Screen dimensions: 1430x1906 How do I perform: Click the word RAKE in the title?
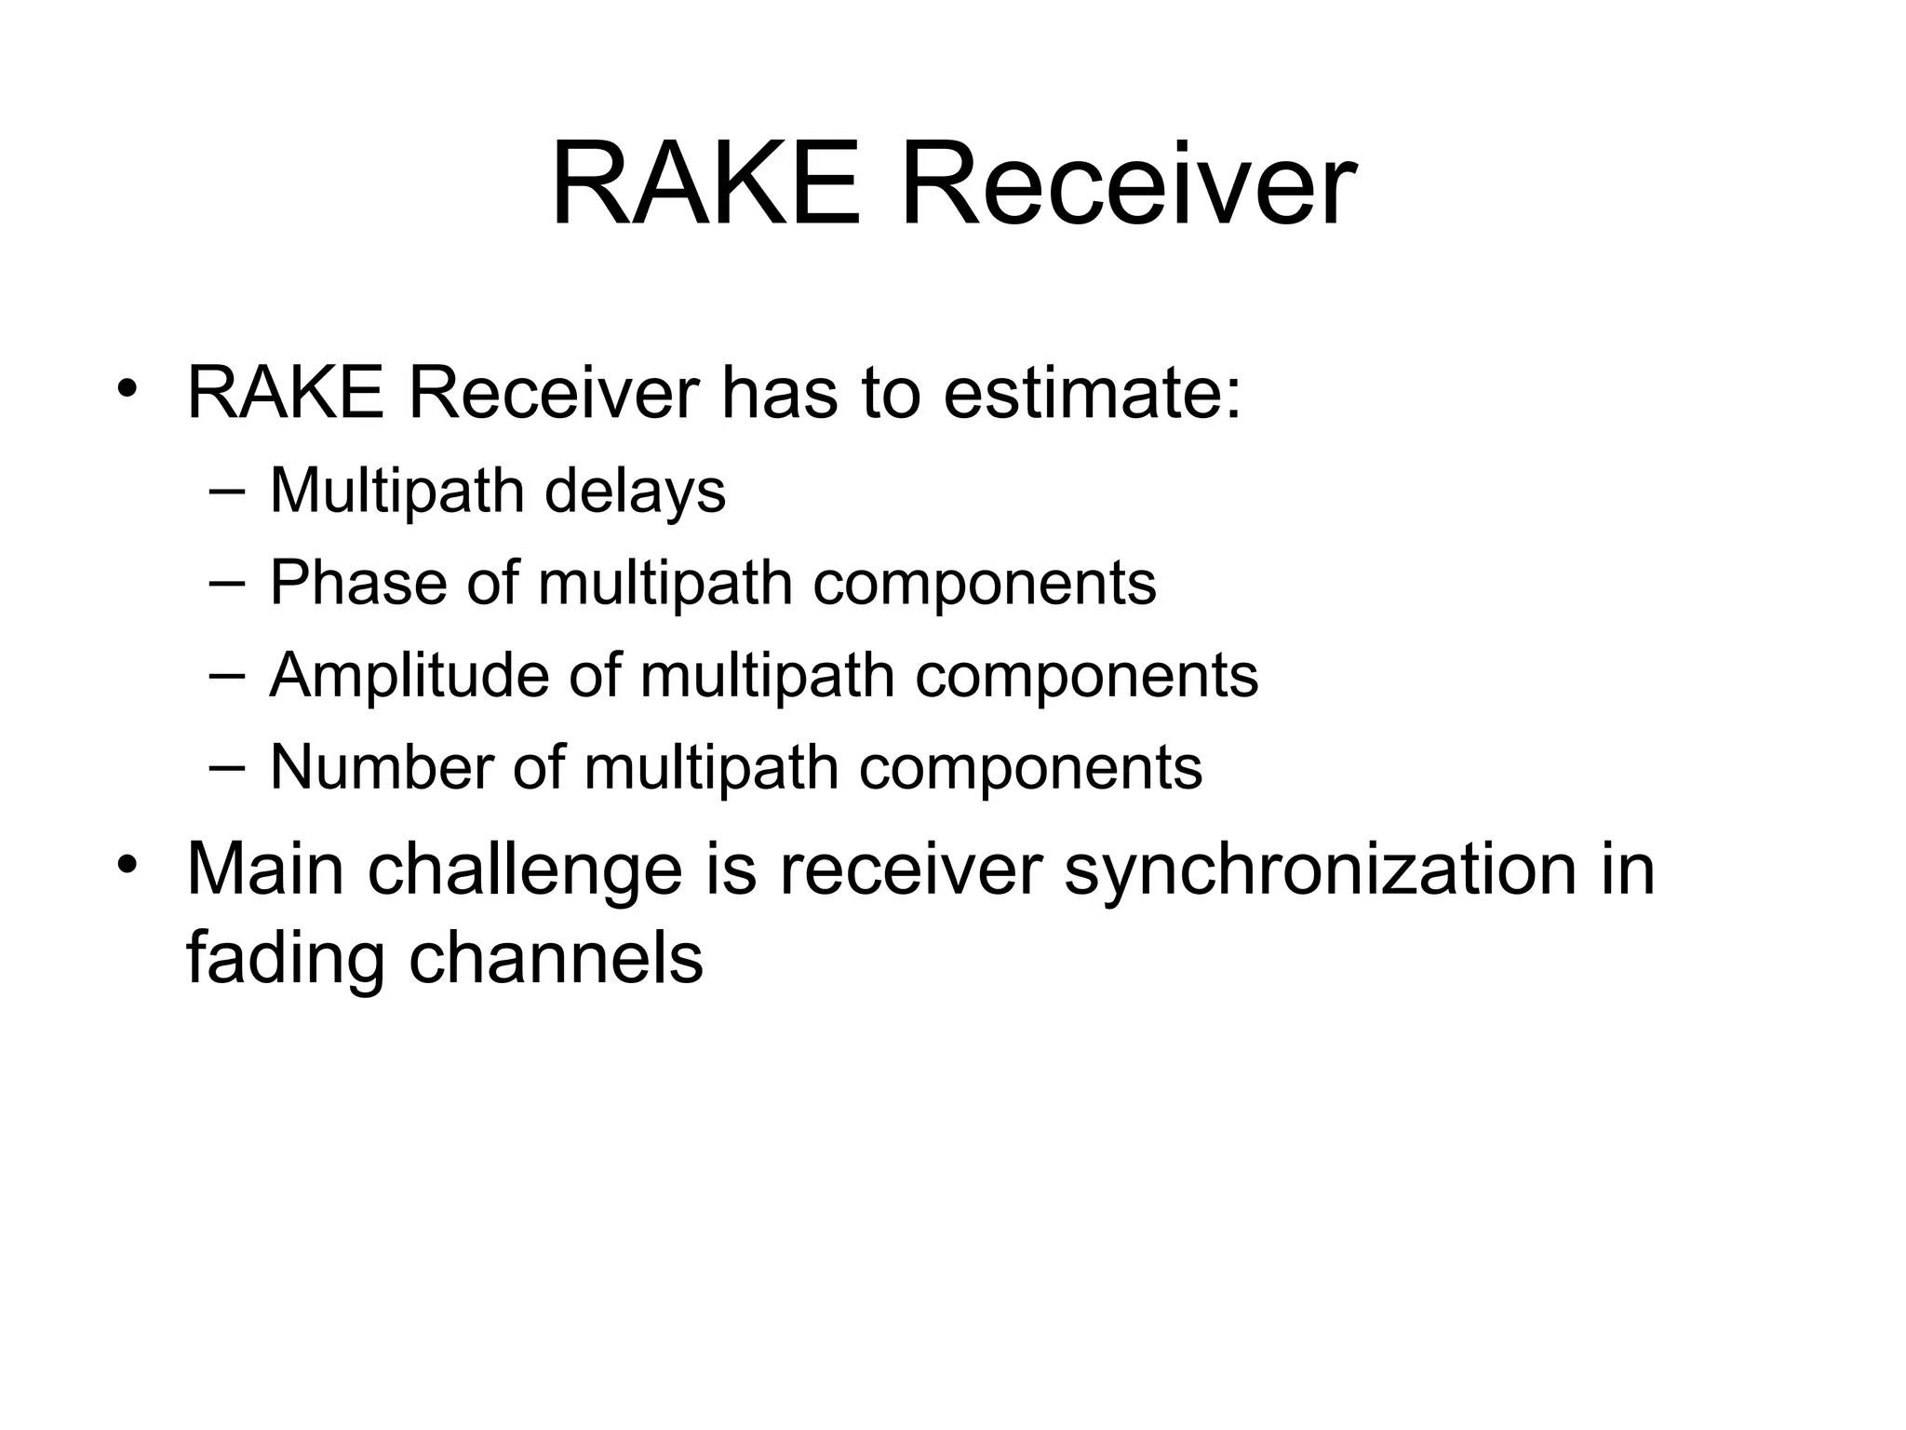705,183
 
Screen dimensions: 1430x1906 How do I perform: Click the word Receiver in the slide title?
1127,183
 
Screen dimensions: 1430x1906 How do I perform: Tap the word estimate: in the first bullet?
1092,394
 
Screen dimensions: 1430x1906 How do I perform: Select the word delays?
635,491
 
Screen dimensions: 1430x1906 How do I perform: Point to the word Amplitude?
409,675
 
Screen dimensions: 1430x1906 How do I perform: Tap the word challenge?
526,869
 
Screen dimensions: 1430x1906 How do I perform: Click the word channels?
556,958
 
